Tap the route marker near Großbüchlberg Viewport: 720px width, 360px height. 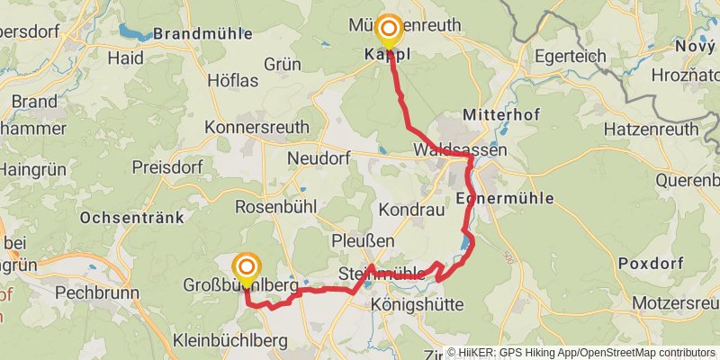(x=246, y=267)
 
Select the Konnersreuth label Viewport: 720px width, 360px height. (x=256, y=128)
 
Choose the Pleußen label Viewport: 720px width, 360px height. (x=363, y=240)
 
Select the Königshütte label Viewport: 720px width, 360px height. (x=417, y=306)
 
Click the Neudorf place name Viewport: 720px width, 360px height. (x=317, y=158)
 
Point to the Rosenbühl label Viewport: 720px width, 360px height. (x=274, y=206)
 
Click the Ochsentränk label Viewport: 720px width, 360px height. (x=131, y=217)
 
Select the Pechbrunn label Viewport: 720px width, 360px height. (x=94, y=292)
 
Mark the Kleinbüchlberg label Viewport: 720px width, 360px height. (x=229, y=340)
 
